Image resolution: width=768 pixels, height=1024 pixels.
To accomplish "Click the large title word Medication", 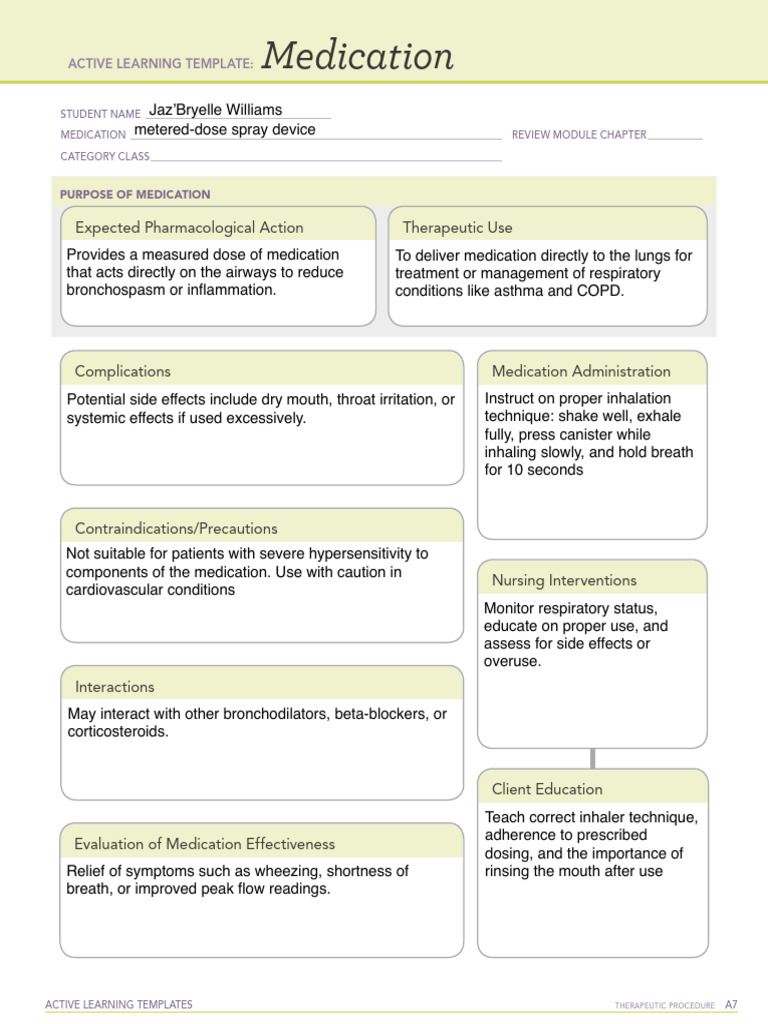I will click(358, 58).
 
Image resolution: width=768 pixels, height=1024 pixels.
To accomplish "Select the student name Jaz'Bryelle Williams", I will click(215, 110).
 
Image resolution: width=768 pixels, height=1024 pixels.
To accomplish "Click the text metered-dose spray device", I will click(224, 130).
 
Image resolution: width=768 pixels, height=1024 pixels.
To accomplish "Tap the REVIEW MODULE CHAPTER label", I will click(579, 134).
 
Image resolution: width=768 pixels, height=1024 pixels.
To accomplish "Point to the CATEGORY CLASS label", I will click(105, 156).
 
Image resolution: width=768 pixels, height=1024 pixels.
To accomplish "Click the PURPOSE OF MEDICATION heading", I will click(135, 194).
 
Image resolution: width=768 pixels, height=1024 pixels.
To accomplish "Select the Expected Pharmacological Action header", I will click(189, 227).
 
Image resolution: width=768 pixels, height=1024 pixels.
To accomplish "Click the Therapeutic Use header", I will click(457, 227).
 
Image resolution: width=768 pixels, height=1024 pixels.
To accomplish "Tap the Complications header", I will click(123, 371).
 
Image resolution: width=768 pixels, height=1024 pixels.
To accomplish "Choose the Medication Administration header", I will click(581, 371).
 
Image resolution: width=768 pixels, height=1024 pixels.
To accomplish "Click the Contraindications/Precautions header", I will click(176, 528).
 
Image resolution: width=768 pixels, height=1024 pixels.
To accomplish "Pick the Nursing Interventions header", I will click(564, 580).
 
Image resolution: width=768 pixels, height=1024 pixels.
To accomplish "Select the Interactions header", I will click(115, 687).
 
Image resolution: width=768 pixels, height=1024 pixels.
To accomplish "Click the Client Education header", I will click(547, 789).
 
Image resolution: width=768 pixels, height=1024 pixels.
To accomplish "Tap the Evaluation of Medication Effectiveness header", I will click(205, 844).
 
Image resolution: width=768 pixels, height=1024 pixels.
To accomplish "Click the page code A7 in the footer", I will click(731, 1004).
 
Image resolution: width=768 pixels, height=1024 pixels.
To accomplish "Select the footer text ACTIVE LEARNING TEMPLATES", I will click(119, 1004).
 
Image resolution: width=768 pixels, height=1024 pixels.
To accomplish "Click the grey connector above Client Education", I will click(592, 758).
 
